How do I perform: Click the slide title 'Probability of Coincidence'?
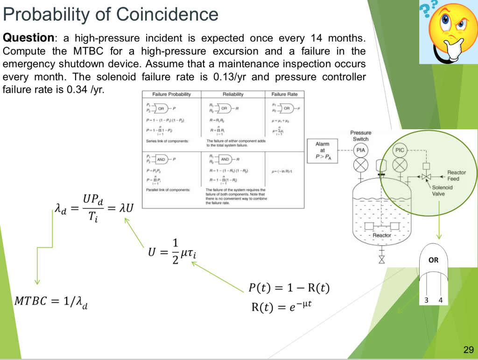tap(110, 14)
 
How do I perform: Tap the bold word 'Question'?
tap(28, 38)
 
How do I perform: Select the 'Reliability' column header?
tap(232, 94)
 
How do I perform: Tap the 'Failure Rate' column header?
tap(284, 94)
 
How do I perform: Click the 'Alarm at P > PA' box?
tap(322, 151)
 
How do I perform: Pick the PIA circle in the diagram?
tap(360, 150)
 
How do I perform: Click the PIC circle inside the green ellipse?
tap(400, 150)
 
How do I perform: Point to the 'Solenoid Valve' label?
tap(442, 190)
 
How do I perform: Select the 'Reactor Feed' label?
tap(456, 175)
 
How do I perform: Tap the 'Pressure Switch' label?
tap(360, 136)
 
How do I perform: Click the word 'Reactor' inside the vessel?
tap(381, 235)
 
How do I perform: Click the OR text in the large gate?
tap(434, 260)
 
